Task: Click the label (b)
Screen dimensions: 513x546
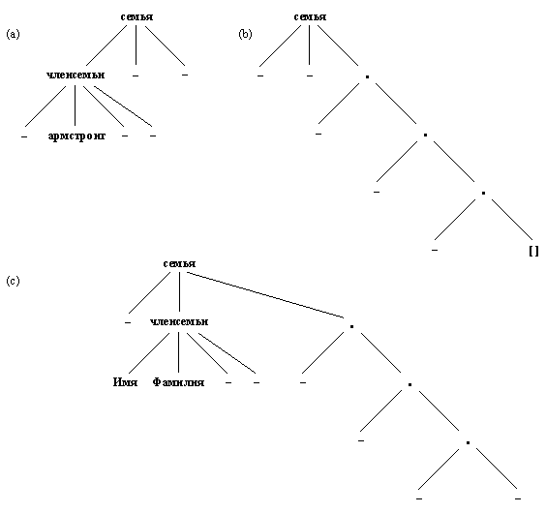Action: [x=246, y=35]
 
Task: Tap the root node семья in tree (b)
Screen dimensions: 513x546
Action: [x=310, y=16]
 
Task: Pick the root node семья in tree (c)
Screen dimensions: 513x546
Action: [x=179, y=264]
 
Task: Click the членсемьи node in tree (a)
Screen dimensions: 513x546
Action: [x=76, y=74]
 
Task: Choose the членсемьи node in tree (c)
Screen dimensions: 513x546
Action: [x=179, y=321]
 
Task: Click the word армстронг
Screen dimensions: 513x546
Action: [x=76, y=136]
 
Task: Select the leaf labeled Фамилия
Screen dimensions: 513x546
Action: [x=179, y=382]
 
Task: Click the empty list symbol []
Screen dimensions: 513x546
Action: [x=533, y=252]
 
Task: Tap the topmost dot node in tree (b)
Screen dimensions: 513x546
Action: [x=367, y=75]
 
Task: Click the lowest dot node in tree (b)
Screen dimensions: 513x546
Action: [x=483, y=193]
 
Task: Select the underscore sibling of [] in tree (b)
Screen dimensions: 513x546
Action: [x=435, y=250]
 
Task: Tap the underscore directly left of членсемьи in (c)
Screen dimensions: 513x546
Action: [x=128, y=321]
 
